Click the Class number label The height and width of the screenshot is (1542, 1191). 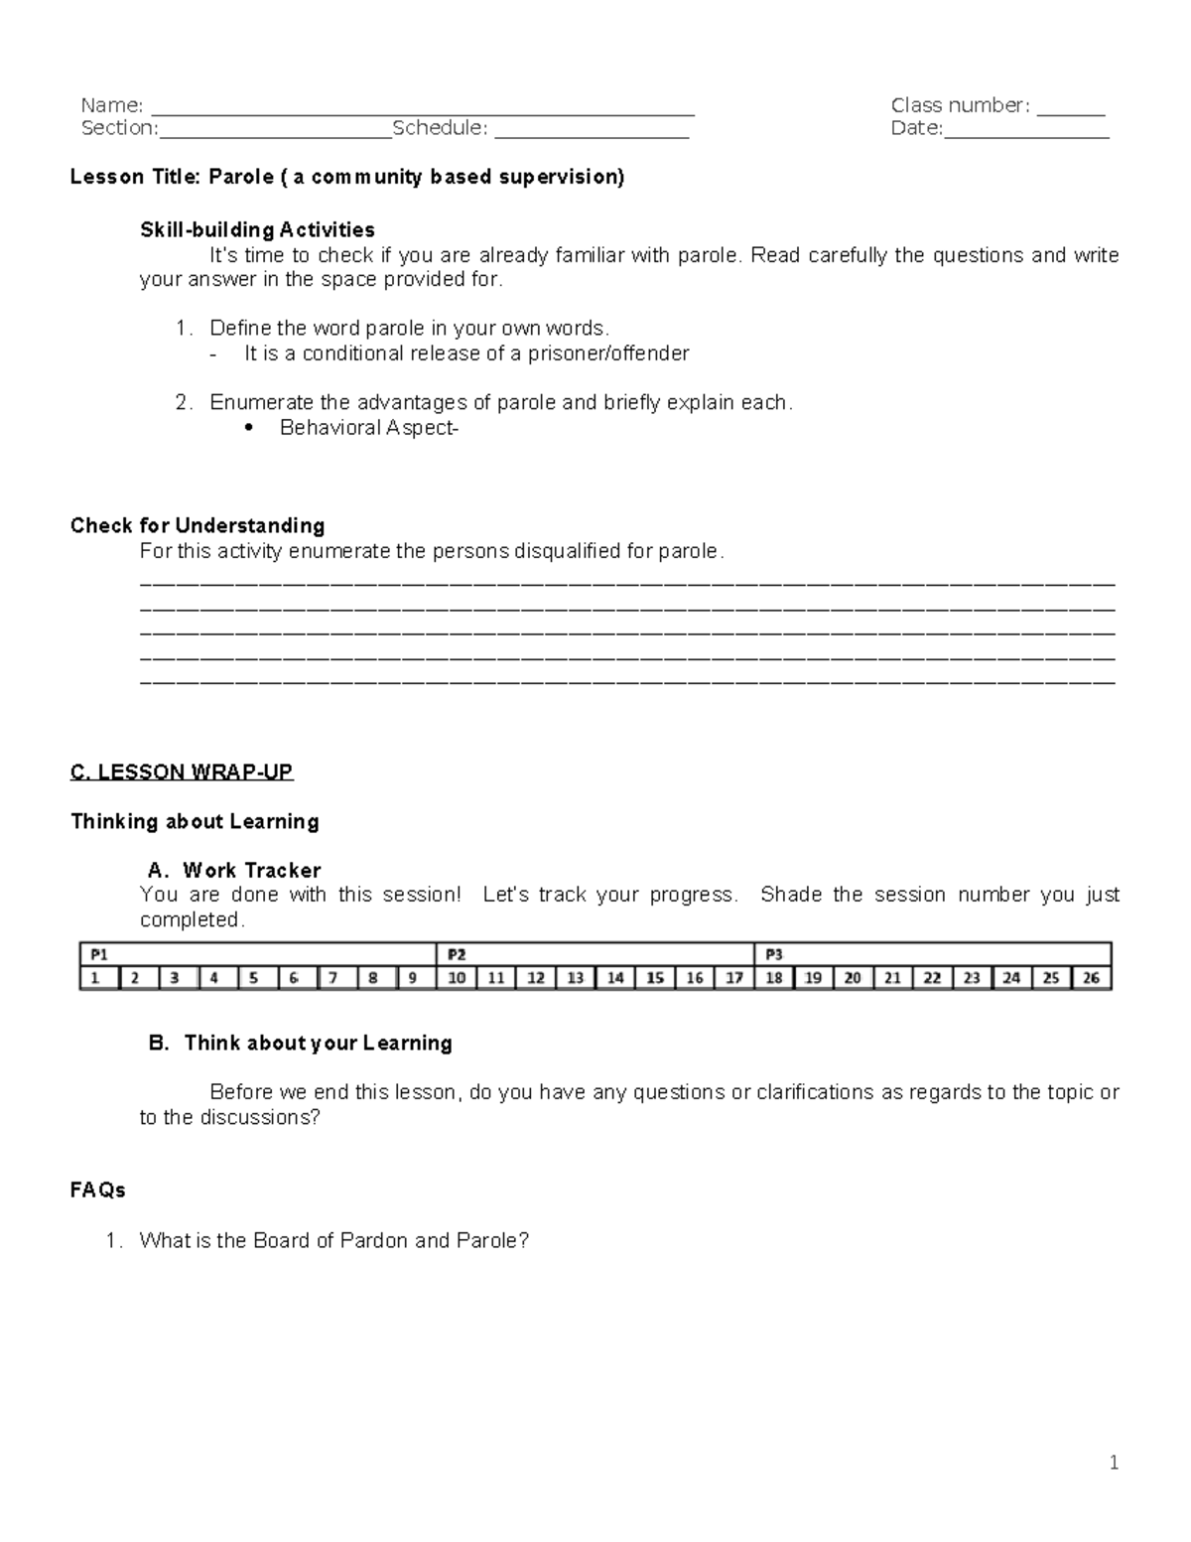point(959,105)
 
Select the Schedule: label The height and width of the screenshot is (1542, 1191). point(440,128)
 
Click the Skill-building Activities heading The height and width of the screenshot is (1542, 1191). point(257,230)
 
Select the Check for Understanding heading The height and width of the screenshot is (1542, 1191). point(198,525)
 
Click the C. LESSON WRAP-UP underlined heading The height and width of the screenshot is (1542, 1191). point(182,771)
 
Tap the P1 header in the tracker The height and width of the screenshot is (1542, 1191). point(98,954)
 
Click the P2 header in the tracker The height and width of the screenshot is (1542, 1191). point(456,954)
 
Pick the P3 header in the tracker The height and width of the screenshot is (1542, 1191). point(773,954)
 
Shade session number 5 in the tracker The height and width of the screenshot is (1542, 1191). point(255,978)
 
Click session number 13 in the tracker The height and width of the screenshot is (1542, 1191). point(576,978)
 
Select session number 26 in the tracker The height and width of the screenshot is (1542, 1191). point(1091,978)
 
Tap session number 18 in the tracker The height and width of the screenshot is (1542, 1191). point(773,978)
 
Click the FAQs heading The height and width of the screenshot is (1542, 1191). point(97,1190)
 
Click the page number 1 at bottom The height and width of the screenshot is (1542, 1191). point(1114,1462)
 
